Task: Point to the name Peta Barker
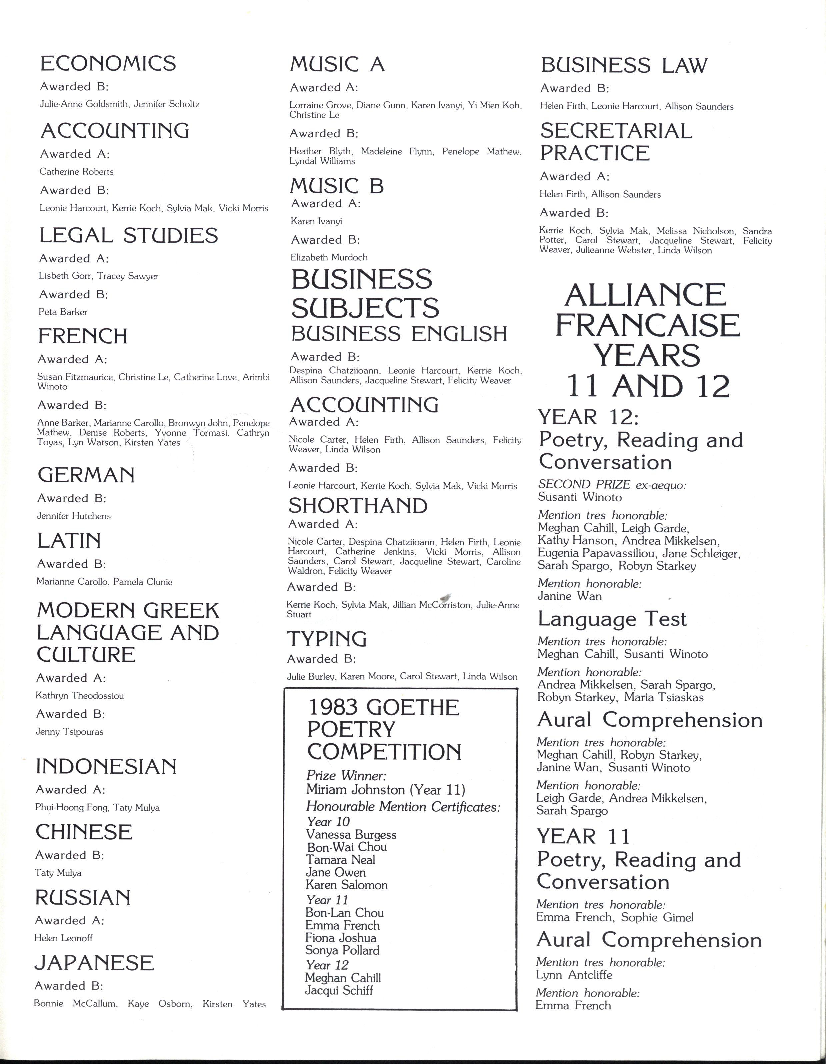coord(63,312)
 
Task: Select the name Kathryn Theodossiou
coord(79,696)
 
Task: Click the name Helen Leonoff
coord(63,938)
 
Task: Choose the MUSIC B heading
coord(337,186)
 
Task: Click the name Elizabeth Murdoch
coord(329,257)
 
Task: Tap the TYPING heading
coord(327,639)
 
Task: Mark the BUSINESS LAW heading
coord(623,65)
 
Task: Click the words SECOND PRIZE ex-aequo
coord(612,484)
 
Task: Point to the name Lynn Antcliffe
coord(574,975)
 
